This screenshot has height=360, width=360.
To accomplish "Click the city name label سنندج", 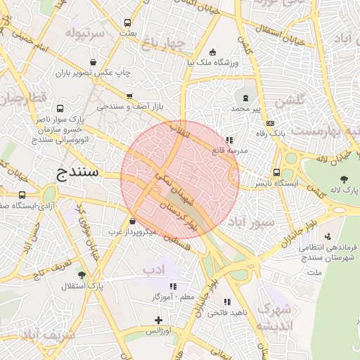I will [x=78, y=172].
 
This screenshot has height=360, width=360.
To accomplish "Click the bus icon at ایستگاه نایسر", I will [x=276, y=172].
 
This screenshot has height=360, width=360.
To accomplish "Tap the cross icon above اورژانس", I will [x=159, y=320].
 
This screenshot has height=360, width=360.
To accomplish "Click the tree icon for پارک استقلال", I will [x=82, y=275].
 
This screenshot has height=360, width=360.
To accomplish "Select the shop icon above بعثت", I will [x=127, y=22].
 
